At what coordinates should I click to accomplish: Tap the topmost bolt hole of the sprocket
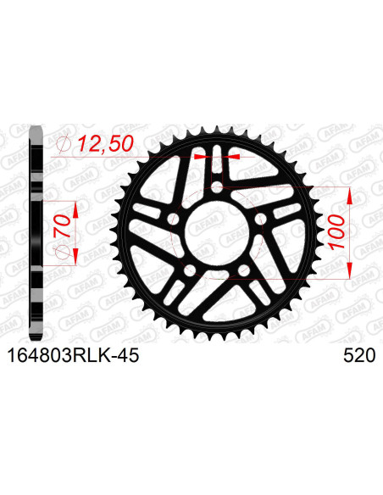(x=218, y=186)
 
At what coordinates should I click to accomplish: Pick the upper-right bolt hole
(x=261, y=219)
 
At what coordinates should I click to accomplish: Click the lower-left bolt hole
(x=190, y=270)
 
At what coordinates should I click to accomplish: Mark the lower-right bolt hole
(x=245, y=270)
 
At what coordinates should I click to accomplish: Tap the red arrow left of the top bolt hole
(x=201, y=158)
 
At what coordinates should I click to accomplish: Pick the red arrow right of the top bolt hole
(x=235, y=158)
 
